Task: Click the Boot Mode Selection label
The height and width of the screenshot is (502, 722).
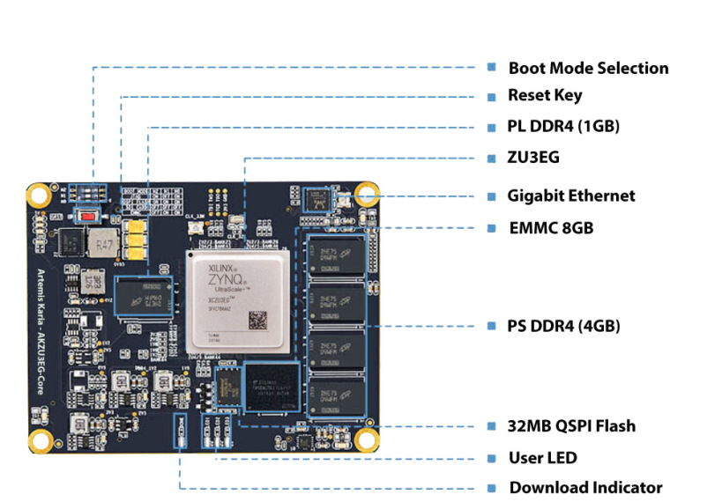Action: tap(588, 68)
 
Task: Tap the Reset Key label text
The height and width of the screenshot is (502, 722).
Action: tap(545, 95)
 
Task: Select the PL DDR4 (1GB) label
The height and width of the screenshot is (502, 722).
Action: tap(563, 126)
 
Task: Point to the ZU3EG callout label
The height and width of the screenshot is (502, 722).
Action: tap(533, 158)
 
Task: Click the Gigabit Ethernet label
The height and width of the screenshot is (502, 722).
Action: tap(571, 196)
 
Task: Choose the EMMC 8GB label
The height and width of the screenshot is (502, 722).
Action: tap(550, 228)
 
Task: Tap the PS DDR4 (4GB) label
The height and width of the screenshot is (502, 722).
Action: tap(563, 326)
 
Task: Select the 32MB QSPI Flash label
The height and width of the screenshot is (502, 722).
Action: tap(571, 426)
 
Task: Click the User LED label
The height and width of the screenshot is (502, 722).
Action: tap(542, 458)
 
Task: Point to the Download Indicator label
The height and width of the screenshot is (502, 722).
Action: tap(585, 487)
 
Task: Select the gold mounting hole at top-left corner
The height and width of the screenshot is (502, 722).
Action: tap(38, 196)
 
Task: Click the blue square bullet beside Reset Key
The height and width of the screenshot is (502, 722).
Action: tap(491, 95)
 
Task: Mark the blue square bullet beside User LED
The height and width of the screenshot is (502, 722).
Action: tap(491, 458)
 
